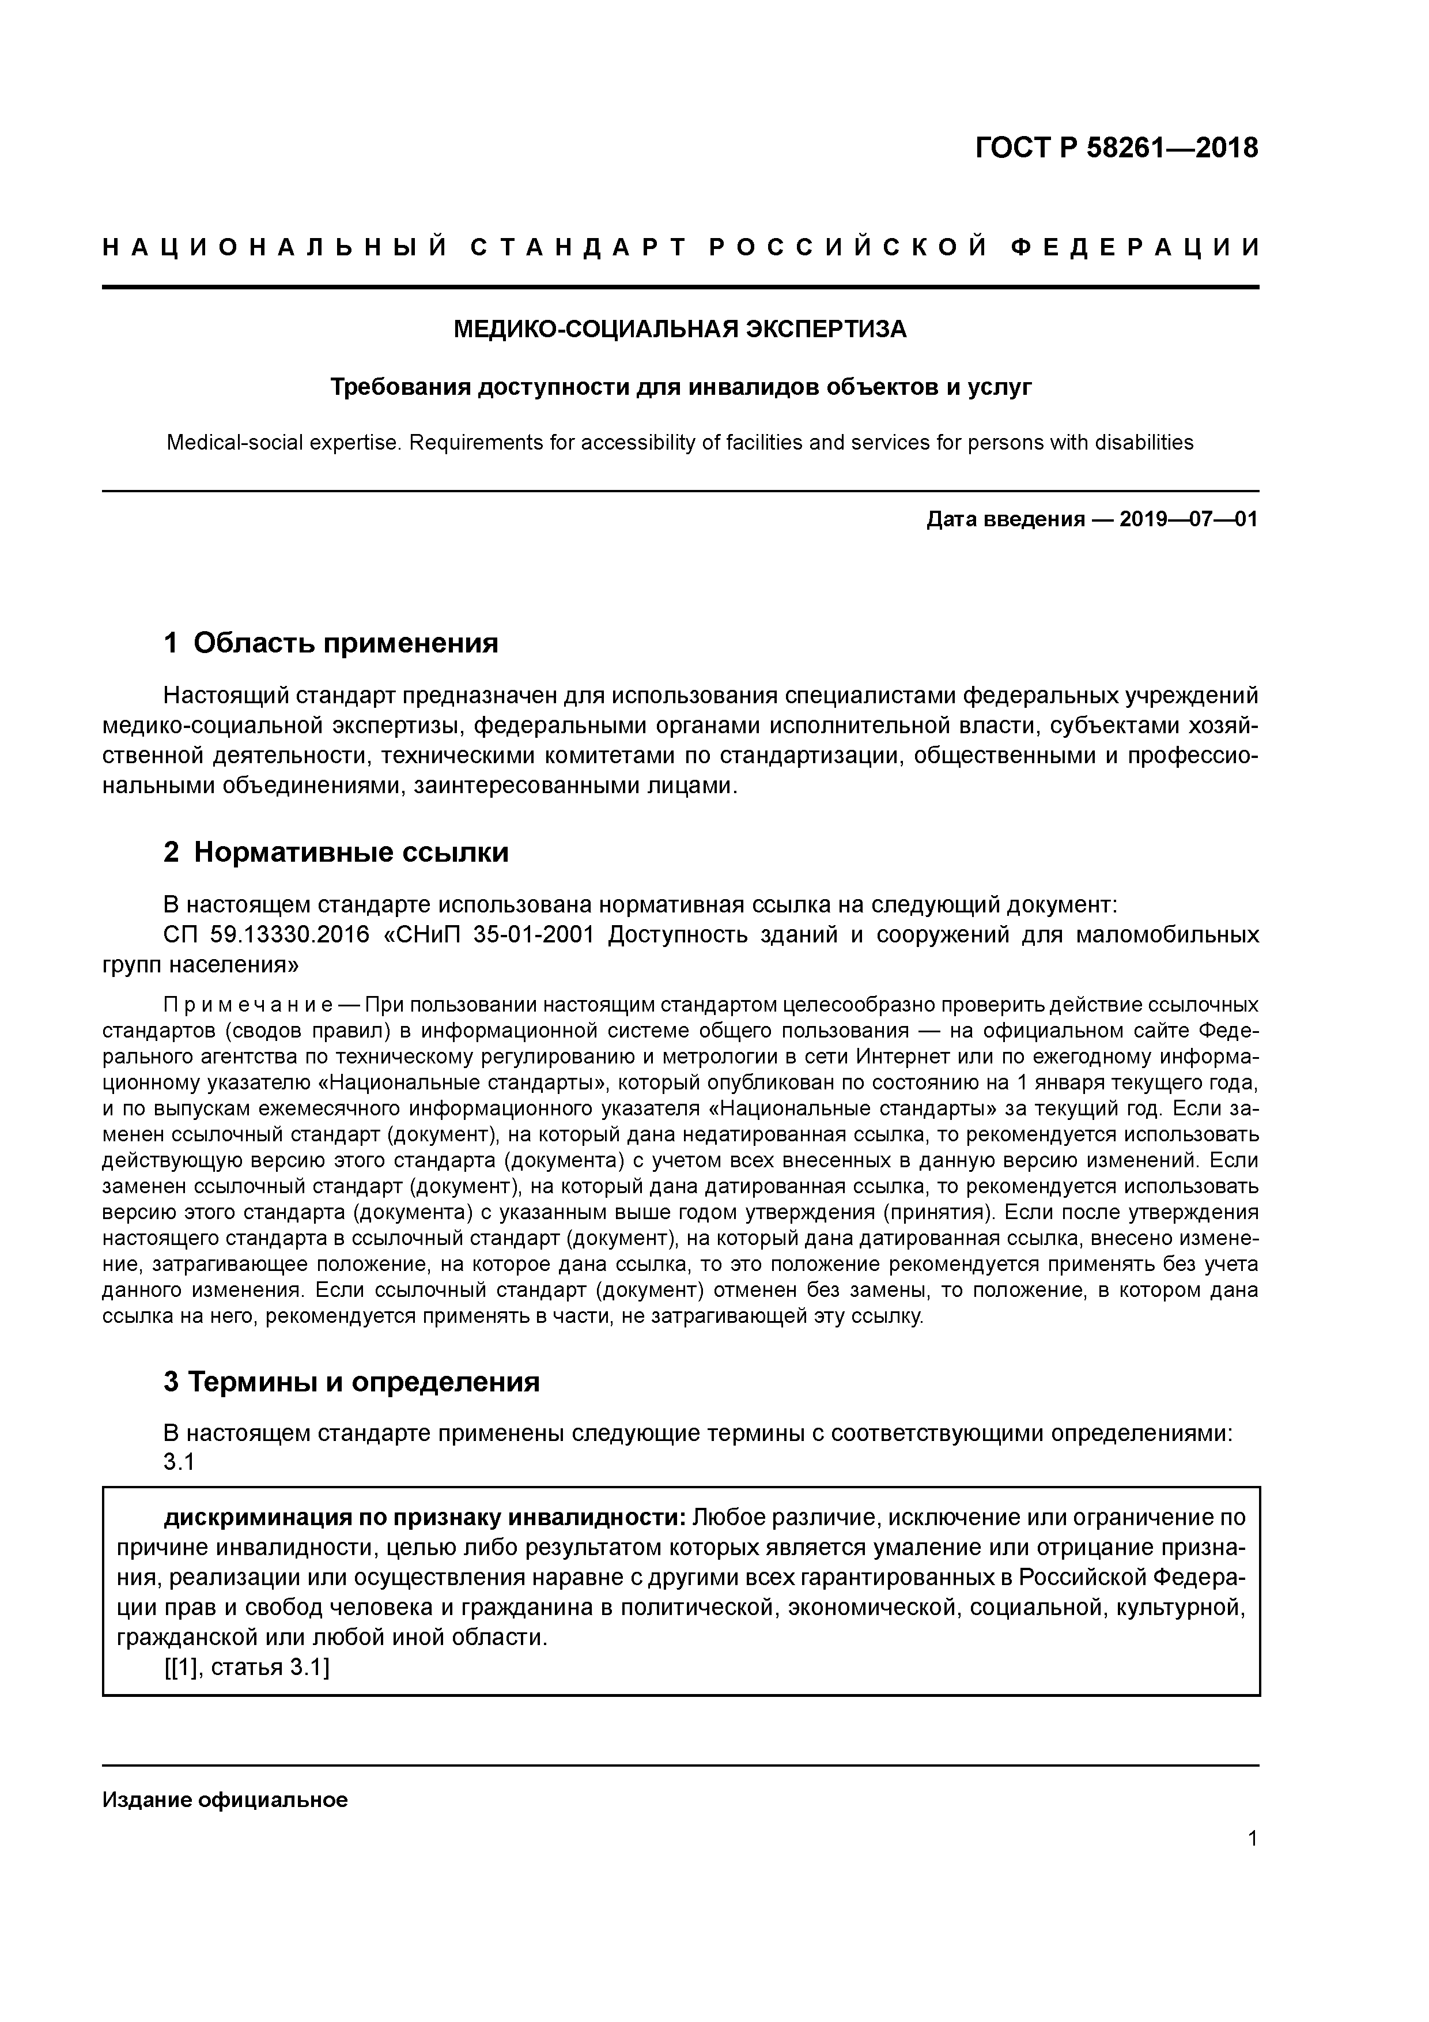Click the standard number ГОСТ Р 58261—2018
click(x=1117, y=148)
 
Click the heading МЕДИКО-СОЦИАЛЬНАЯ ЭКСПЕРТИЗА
click(x=680, y=329)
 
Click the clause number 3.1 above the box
click(x=179, y=1462)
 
